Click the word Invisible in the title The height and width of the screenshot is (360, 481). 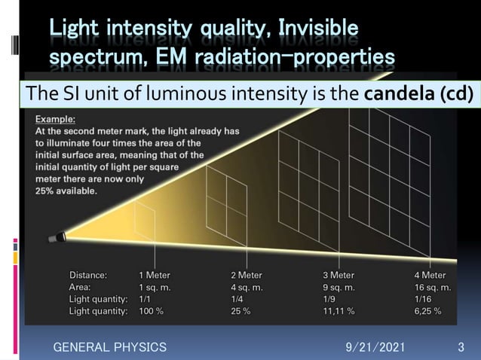pos(318,30)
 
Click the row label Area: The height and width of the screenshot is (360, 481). pos(80,287)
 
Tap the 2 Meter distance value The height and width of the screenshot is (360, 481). pos(247,275)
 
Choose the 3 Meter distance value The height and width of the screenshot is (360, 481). pos(339,275)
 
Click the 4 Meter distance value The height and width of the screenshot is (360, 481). pos(430,275)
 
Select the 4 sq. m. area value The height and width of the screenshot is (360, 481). pos(247,287)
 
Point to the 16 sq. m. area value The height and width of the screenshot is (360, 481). pos(433,287)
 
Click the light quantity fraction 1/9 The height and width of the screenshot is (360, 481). pos(330,299)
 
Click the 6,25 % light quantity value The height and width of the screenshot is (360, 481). pos(427,310)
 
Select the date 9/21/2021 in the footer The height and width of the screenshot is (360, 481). pos(375,347)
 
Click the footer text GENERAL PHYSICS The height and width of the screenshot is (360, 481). pos(109,347)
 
